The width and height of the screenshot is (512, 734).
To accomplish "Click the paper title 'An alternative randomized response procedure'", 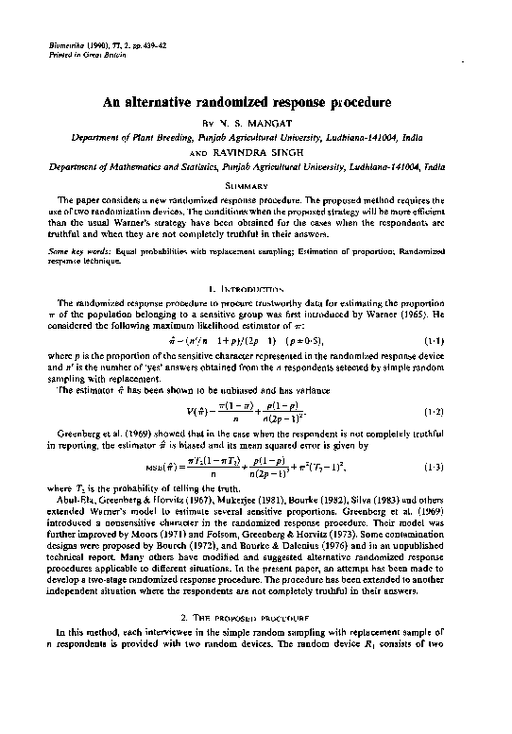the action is [255, 101].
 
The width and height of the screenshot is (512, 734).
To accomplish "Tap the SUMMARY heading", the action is [255, 185].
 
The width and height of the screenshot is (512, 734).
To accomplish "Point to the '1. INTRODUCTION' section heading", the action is [255, 285].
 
